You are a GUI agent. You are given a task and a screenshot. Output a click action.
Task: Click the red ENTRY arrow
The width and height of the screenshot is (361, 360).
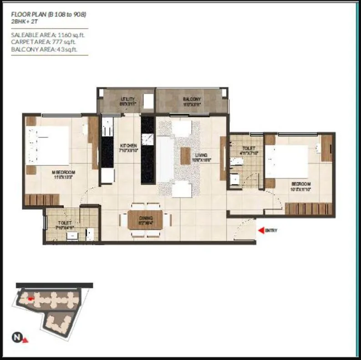260,231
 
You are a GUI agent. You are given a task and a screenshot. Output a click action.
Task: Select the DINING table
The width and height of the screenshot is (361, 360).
145,220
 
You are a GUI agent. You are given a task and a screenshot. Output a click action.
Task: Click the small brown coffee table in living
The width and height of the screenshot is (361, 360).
185,156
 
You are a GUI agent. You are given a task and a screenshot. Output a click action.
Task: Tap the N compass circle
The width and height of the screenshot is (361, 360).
16,338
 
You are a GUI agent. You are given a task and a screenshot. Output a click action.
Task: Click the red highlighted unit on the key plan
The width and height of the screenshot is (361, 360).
31,299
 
